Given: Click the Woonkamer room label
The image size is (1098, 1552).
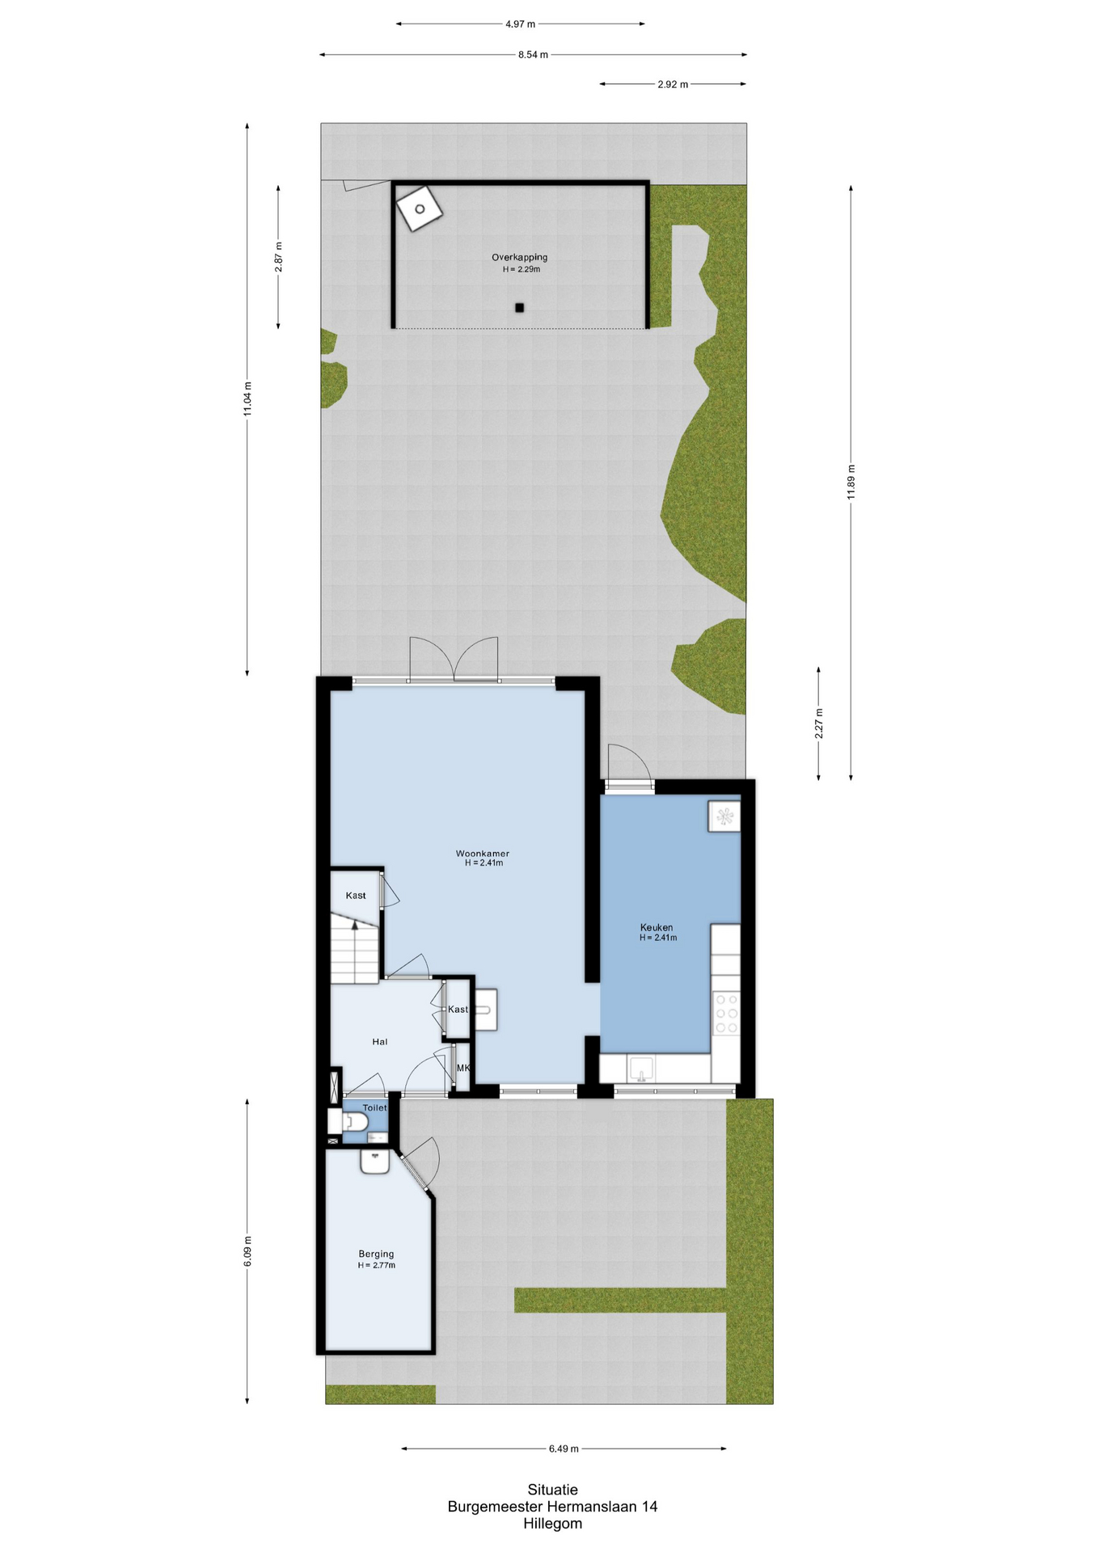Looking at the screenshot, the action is [483, 853].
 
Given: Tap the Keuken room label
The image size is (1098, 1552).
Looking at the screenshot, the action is [657, 927].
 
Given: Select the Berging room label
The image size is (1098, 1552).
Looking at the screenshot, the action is [376, 1254].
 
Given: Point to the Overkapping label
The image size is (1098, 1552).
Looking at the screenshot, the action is [520, 257].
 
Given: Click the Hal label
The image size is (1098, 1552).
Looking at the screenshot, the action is [380, 1042].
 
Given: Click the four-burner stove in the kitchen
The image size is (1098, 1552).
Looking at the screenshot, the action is [726, 1013].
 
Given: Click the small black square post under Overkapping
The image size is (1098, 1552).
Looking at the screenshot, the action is [520, 307].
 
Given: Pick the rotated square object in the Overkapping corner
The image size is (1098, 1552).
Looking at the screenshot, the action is [420, 209].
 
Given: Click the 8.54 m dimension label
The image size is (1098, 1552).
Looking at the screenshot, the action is [533, 55].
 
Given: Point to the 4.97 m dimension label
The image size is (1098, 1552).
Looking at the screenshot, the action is [520, 24].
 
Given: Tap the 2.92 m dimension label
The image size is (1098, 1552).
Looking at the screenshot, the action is [673, 84].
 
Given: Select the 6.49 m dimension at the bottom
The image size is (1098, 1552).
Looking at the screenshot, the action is [564, 1449].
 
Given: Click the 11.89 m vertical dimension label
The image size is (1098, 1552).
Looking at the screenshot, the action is [851, 482].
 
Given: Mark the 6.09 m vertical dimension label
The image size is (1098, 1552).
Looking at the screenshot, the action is [247, 1251].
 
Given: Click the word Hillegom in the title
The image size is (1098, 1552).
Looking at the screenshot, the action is [552, 1524].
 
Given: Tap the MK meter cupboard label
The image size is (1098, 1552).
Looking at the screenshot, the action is [463, 1068].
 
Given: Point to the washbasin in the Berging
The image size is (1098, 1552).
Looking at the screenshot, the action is [375, 1161].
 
